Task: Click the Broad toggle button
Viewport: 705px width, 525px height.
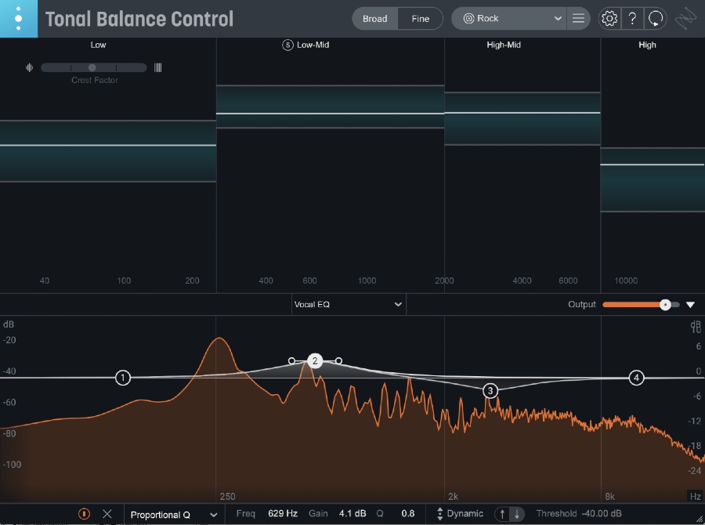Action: tap(374, 19)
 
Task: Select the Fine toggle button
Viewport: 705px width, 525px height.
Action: tap(421, 19)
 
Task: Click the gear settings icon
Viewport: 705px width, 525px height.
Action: tap(609, 19)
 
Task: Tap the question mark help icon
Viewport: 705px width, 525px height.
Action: tap(633, 19)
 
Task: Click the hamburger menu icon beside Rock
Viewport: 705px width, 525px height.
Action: tap(578, 19)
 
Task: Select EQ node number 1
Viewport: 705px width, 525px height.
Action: tap(123, 378)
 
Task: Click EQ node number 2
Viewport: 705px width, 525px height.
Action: tap(315, 361)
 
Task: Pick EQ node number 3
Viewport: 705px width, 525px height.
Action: tap(490, 390)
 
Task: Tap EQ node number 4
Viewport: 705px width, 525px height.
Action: tap(637, 378)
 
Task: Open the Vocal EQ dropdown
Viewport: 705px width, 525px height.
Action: tap(348, 304)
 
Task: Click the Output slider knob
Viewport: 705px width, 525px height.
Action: tap(665, 304)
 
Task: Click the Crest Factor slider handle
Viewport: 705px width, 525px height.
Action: tap(92, 68)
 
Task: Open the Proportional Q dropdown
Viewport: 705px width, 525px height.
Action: tap(173, 515)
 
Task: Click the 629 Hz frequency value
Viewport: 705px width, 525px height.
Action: tap(283, 514)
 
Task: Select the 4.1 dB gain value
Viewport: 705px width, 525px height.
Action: tap(352, 514)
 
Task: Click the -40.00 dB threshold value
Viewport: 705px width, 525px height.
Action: tap(602, 514)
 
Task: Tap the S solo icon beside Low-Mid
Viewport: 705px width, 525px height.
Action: tap(287, 45)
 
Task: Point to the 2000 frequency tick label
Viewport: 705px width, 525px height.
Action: tap(444, 281)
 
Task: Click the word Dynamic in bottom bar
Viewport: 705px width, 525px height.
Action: tap(465, 514)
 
